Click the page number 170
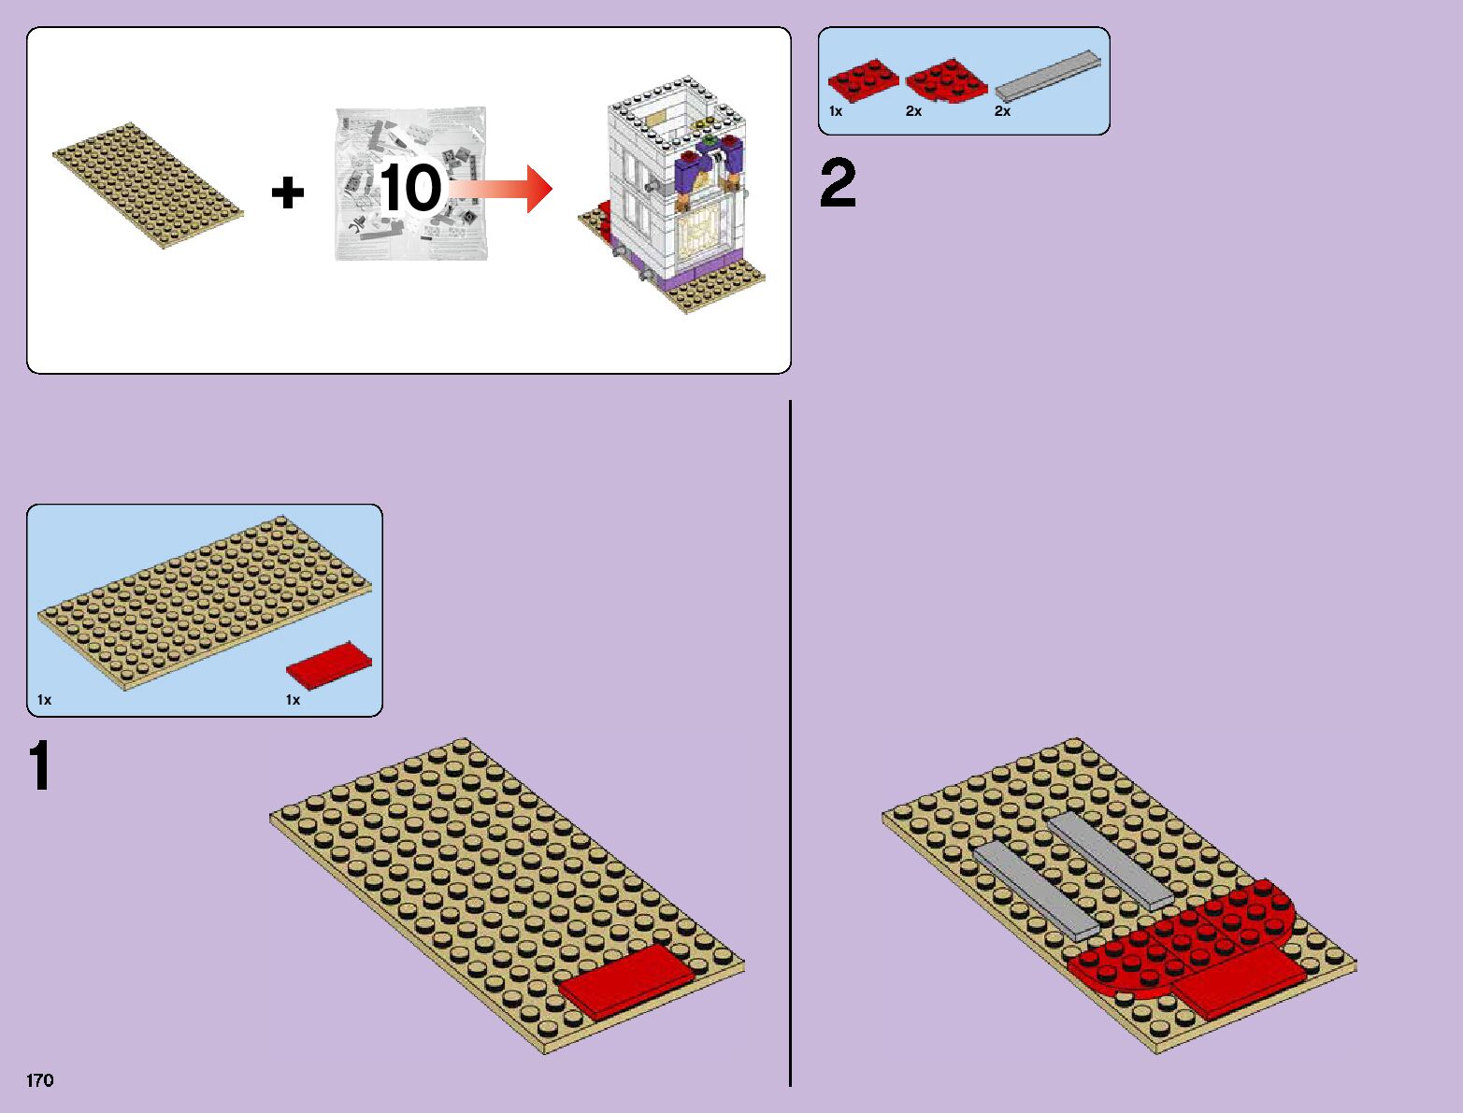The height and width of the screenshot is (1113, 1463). coord(40,1080)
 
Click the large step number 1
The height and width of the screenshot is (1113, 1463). coord(39,766)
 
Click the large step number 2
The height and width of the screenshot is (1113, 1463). coord(838,184)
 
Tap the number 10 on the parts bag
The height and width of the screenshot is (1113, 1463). coord(410,189)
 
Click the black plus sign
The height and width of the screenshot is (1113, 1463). coord(287,193)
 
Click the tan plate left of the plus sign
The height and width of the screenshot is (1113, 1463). coord(148,185)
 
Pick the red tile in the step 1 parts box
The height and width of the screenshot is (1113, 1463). coord(328,665)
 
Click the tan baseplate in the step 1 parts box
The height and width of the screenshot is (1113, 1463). coord(204,603)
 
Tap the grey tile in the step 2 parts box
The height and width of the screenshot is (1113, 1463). coord(1047,76)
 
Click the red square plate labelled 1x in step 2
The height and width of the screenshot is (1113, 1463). coord(863,78)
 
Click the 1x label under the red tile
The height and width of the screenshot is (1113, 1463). coord(293,700)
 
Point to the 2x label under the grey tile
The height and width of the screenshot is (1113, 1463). coord(1002,111)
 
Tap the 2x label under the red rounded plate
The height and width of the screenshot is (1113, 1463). coord(913,111)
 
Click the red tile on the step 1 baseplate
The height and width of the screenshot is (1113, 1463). coord(626,980)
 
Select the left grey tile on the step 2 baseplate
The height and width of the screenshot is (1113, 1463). coord(1034,890)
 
